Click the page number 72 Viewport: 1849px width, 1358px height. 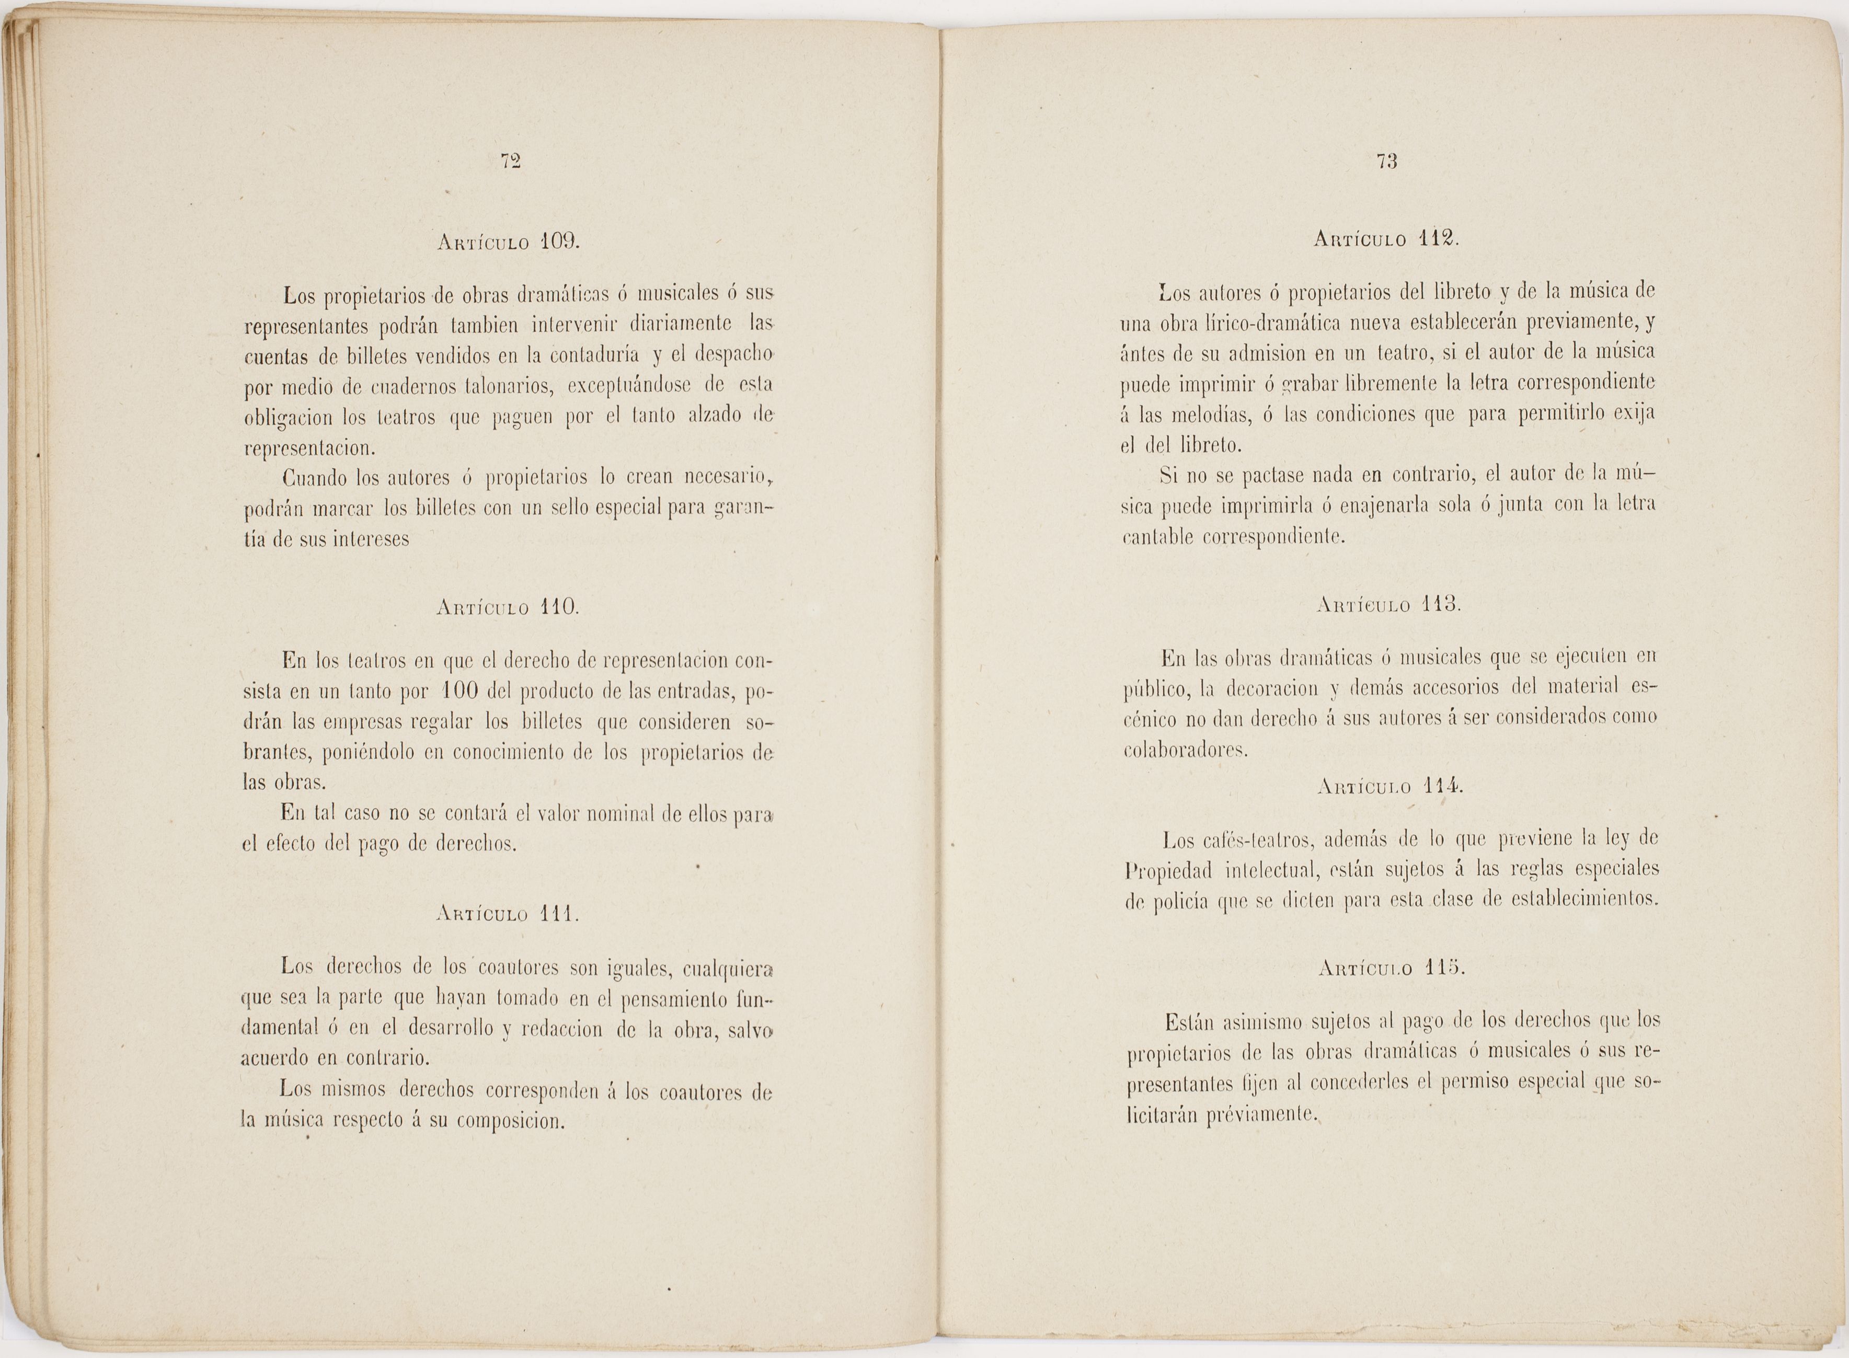pos(511,162)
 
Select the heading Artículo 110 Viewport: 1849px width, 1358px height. pos(507,608)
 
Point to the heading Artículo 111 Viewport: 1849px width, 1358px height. pos(507,914)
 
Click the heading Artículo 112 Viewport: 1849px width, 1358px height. pos(1386,239)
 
